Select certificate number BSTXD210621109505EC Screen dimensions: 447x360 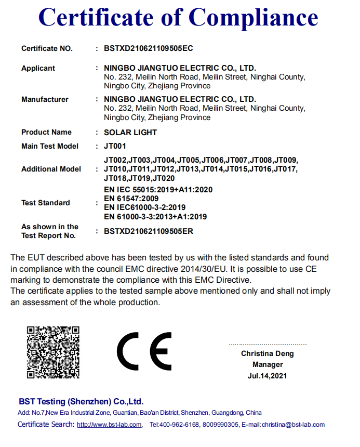coord(149,48)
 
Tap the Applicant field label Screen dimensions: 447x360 coord(38,68)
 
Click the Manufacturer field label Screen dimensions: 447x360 coord(45,99)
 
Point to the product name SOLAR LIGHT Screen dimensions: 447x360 coord(130,132)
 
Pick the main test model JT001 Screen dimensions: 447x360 coord(115,146)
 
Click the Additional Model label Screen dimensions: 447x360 coord(51,169)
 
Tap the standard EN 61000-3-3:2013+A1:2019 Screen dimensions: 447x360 coord(155,216)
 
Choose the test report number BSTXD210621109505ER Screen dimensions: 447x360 coord(149,231)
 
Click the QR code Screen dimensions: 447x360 coord(53,352)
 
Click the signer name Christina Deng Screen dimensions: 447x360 coord(267,353)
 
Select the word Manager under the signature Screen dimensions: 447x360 coord(268,364)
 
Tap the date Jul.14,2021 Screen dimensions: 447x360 coord(267,375)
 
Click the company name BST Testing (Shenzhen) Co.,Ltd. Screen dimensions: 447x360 coord(81,401)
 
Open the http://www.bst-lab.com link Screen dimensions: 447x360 coord(109,425)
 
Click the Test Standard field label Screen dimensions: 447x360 coord(46,203)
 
